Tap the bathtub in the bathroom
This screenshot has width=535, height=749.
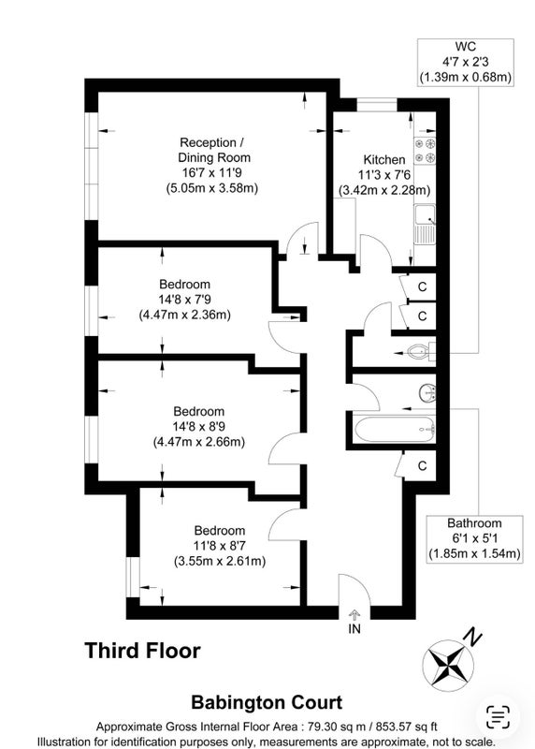[x=394, y=429]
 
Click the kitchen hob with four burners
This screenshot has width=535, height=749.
[x=425, y=150]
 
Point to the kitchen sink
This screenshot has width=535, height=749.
[x=425, y=224]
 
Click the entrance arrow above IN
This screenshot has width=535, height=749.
[x=354, y=614]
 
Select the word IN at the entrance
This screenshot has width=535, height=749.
[x=354, y=628]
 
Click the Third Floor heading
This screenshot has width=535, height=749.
[x=143, y=651]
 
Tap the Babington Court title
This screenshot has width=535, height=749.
[x=267, y=703]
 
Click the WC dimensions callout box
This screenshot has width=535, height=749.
[x=466, y=62]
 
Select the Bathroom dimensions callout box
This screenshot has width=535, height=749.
[x=474, y=539]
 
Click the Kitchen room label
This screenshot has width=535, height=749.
[x=384, y=159]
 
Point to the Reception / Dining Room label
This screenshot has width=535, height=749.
[x=214, y=150]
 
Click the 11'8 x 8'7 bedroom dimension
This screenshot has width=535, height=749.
[x=220, y=546]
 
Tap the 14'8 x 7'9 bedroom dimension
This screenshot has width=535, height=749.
[x=185, y=300]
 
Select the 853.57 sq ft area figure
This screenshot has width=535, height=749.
[x=405, y=727]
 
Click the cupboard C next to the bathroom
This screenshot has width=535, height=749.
[x=422, y=465]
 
